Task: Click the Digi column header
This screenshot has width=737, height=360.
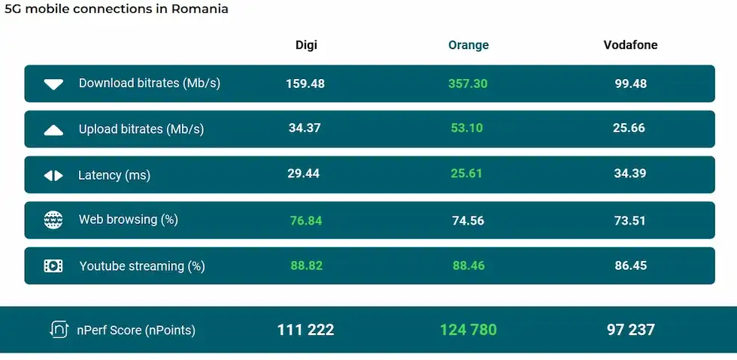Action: coord(306,45)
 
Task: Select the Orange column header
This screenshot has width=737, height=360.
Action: coord(469,45)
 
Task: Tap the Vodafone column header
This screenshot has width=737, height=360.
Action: coord(630,45)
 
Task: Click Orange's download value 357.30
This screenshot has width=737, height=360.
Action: coord(468,83)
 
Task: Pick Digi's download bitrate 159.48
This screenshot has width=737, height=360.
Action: coord(305,83)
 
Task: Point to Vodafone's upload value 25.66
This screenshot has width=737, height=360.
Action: coord(629,129)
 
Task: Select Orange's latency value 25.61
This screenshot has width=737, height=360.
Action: coord(468,174)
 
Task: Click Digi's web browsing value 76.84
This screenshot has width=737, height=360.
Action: coord(306,220)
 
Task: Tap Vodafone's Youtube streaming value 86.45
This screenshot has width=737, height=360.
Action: coord(630,266)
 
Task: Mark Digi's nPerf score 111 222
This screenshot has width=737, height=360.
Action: coord(305,330)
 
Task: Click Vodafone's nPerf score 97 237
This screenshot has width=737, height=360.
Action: coord(630,330)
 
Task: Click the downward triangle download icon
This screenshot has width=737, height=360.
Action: coord(53,84)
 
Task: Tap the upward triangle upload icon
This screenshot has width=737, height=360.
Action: coord(53,130)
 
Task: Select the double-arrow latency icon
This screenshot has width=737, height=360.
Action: coord(53,176)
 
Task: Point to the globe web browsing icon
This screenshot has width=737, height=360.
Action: coord(53,220)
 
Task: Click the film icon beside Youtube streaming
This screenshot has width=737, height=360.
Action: coord(53,266)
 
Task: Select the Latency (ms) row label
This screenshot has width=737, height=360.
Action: coord(114,176)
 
